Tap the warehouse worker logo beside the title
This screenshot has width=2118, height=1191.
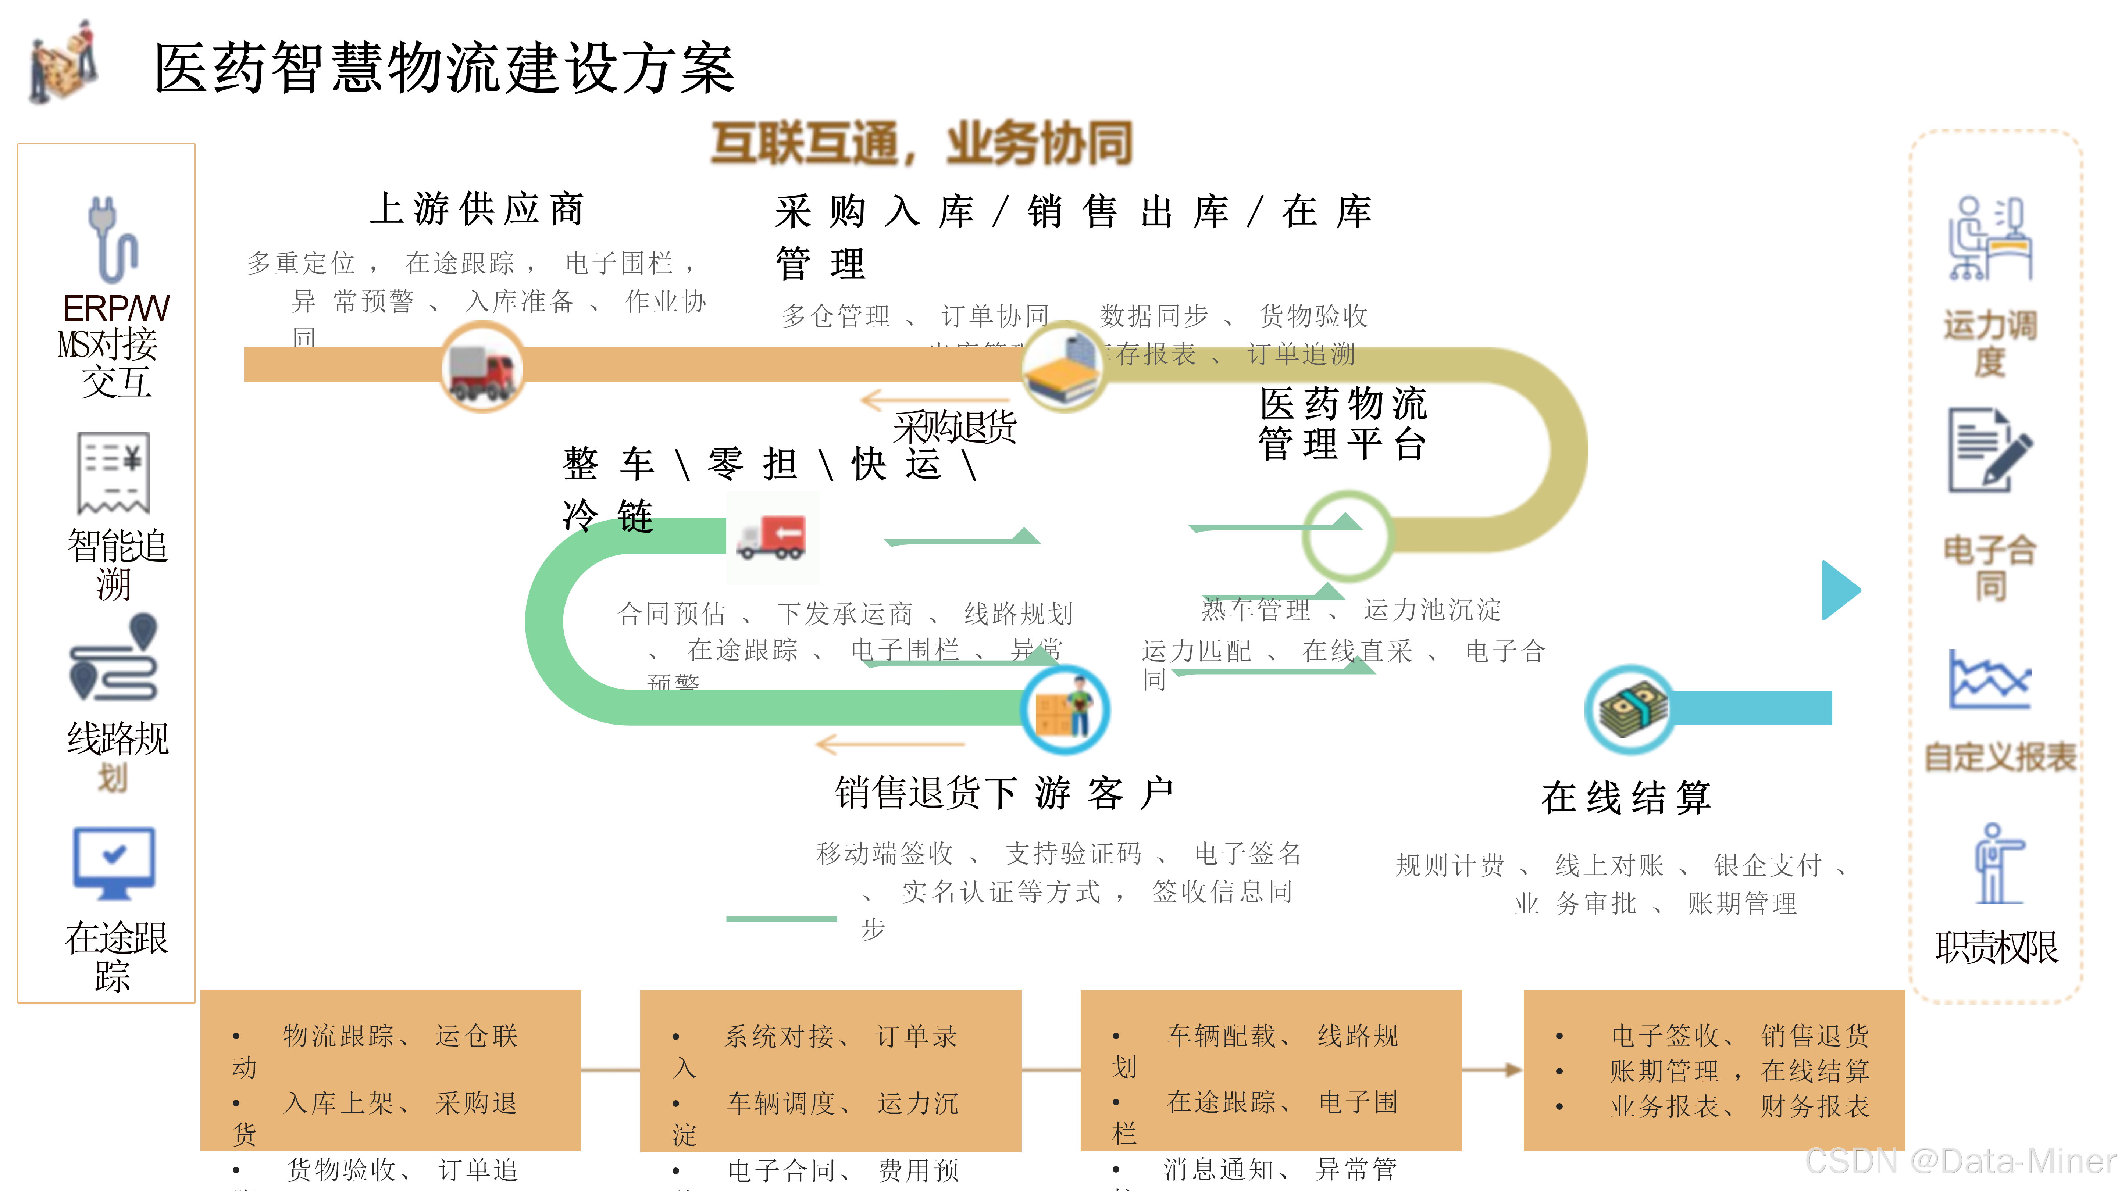(x=63, y=63)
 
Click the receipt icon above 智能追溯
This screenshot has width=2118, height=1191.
(x=114, y=473)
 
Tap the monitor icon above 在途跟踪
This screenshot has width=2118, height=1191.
(x=114, y=863)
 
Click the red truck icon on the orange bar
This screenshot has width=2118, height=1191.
(x=483, y=368)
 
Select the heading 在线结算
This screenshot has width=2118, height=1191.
(x=1626, y=797)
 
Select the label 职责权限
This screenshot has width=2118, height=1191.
(x=1996, y=947)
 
